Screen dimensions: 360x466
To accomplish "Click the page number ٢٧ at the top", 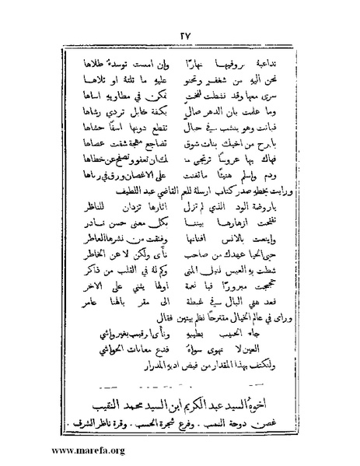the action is [180, 34].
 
